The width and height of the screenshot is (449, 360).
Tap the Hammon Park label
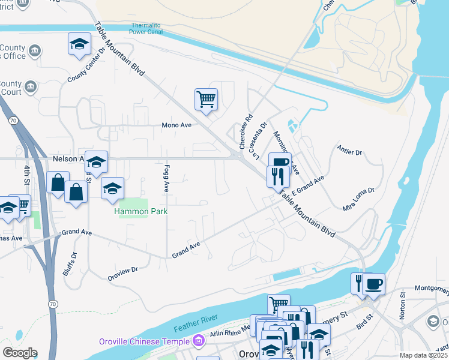click(142, 212)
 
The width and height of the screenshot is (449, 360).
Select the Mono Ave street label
click(176, 125)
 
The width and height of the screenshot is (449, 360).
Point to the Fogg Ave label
click(167, 178)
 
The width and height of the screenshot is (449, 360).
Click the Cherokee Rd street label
click(246, 132)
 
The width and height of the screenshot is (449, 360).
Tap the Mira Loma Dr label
click(358, 199)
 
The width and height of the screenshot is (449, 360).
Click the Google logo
click(20, 352)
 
